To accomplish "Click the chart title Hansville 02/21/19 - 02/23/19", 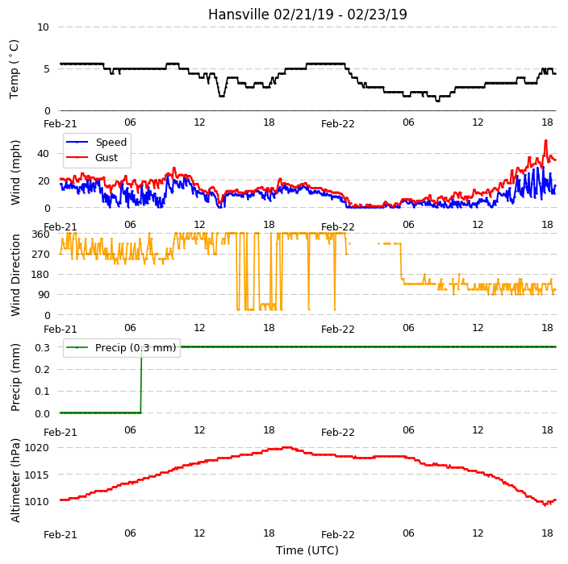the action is (x=307, y=15).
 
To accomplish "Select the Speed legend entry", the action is (x=96, y=142).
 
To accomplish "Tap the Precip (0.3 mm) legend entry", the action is (x=121, y=347).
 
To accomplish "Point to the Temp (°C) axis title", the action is (x=14, y=69).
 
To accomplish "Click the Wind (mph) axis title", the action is (x=15, y=173).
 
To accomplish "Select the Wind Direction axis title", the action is (x=15, y=275).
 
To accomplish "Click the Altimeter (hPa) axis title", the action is (x=15, y=480).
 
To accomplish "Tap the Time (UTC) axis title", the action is (x=307, y=550).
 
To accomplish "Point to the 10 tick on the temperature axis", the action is (x=43, y=27).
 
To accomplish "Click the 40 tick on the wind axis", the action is (x=43, y=154).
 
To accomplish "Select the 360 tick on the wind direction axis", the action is (x=40, y=234).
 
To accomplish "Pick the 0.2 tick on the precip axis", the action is (x=42, y=369).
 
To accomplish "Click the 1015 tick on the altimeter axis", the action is (x=36, y=475).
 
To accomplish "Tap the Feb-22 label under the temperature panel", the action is (x=337, y=124).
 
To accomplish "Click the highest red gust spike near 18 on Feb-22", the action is (x=546, y=141).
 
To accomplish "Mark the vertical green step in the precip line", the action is (x=141, y=379).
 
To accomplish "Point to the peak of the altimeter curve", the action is (x=287, y=447).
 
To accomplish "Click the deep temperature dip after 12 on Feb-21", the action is (x=222, y=96).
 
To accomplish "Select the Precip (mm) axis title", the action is (x=15, y=377).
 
